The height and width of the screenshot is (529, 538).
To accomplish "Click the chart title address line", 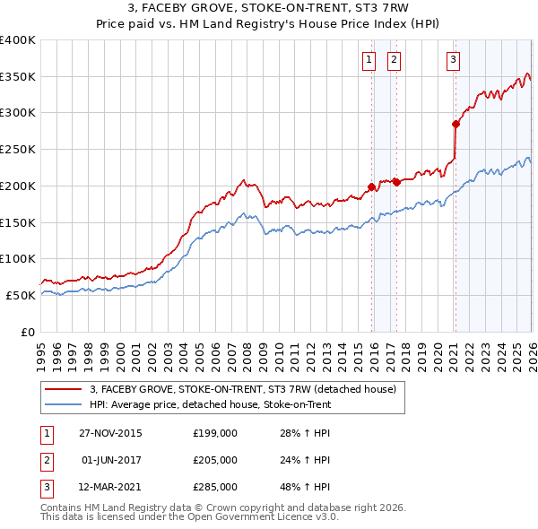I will click(x=269, y=10).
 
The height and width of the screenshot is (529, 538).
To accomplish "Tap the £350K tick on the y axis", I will click(x=18, y=76).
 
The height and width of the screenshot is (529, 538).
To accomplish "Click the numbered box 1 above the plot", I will click(x=369, y=60).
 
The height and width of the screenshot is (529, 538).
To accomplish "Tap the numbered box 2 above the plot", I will click(x=394, y=60).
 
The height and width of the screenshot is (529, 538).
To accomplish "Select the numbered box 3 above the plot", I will click(x=453, y=60).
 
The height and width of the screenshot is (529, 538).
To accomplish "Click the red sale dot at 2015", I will click(x=371, y=186).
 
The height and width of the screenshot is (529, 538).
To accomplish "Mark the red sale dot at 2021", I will click(x=456, y=124).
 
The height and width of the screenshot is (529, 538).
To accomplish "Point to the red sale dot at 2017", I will click(x=395, y=182).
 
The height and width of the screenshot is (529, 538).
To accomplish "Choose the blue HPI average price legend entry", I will click(x=210, y=404).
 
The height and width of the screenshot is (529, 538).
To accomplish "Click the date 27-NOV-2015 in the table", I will click(x=110, y=433).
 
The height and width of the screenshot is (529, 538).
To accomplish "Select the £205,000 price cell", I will click(x=215, y=460).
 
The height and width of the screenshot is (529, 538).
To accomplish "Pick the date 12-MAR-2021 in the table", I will click(x=110, y=487).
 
